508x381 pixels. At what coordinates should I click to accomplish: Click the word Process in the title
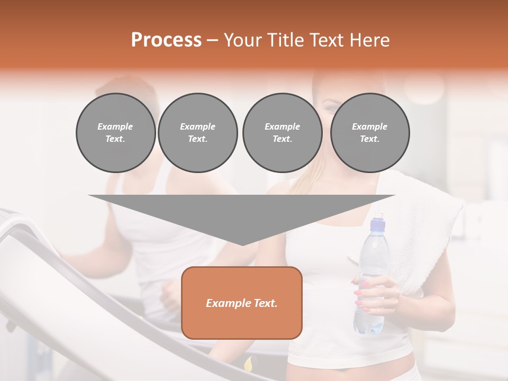[166, 40]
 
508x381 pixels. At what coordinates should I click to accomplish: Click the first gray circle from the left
[115, 133]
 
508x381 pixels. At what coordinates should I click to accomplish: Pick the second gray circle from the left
[197, 133]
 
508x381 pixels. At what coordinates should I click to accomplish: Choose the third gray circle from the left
[282, 133]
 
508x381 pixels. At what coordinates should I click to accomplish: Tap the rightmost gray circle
[369, 133]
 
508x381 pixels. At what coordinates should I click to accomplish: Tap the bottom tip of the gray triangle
[242, 244]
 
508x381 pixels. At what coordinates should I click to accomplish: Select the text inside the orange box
[241, 303]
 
